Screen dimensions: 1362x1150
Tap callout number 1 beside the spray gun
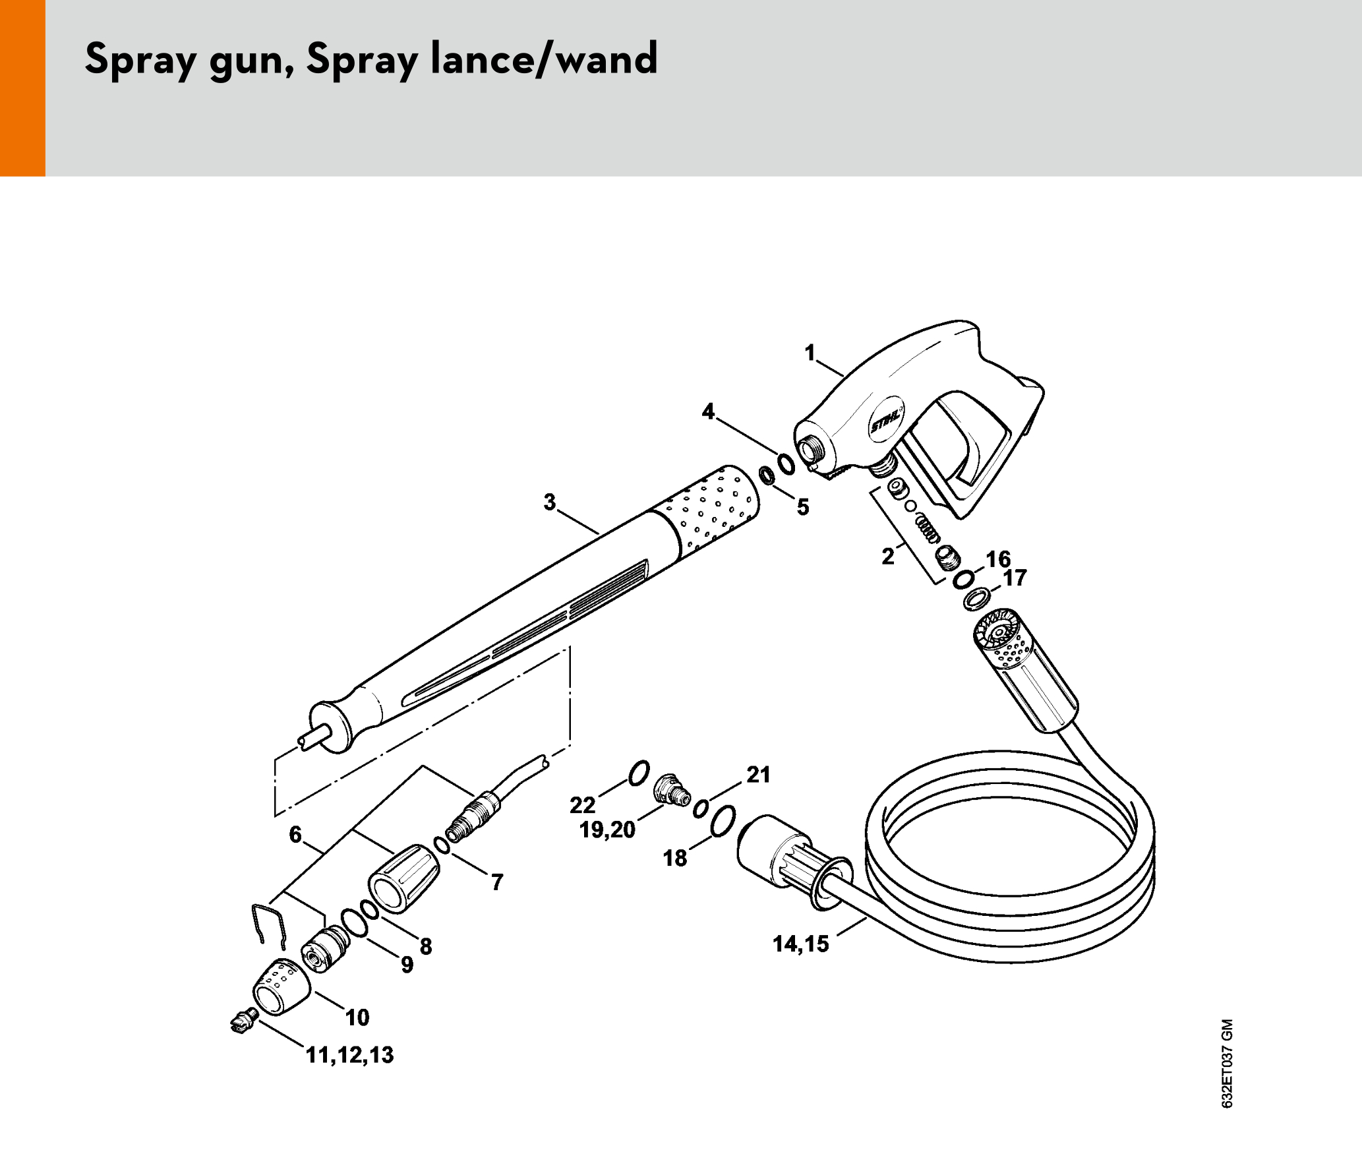tap(810, 353)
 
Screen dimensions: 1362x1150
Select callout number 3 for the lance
tap(550, 502)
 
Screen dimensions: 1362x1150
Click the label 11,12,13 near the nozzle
tap(349, 1055)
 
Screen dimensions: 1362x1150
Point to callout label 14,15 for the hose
tap(800, 944)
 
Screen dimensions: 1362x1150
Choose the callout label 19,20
tap(607, 830)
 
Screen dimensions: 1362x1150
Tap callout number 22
tap(583, 804)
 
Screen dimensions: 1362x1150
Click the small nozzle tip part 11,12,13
tap(244, 1021)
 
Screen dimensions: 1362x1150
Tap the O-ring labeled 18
tap(723, 822)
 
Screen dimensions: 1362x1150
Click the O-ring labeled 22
tap(639, 773)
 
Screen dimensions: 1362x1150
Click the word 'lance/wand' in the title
tap(544, 59)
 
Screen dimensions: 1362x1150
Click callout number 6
tap(295, 835)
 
